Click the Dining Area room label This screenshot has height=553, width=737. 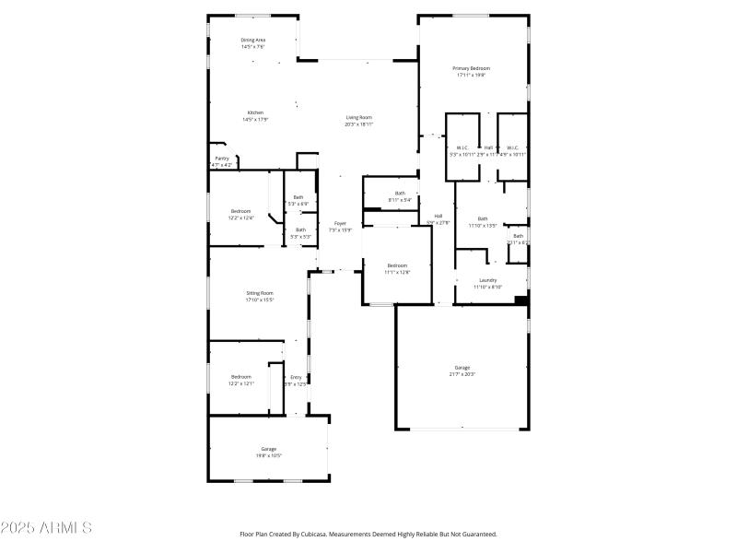253,41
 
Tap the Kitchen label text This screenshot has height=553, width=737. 255,112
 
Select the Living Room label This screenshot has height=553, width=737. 359,117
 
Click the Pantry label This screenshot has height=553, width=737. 222,158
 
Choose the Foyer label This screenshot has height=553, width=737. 340,222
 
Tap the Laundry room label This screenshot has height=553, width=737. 488,280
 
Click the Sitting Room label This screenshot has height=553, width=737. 260,293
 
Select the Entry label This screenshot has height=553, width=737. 297,377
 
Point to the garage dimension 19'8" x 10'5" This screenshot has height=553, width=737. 269,455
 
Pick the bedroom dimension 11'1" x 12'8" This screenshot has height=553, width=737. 397,272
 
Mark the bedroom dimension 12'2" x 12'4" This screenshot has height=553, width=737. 240,218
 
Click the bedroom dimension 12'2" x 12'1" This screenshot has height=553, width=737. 241,383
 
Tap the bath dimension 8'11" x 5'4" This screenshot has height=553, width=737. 400,199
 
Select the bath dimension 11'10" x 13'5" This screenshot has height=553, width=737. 483,225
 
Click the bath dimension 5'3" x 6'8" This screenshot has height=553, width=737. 298,203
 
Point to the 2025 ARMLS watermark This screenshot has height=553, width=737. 46,528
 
